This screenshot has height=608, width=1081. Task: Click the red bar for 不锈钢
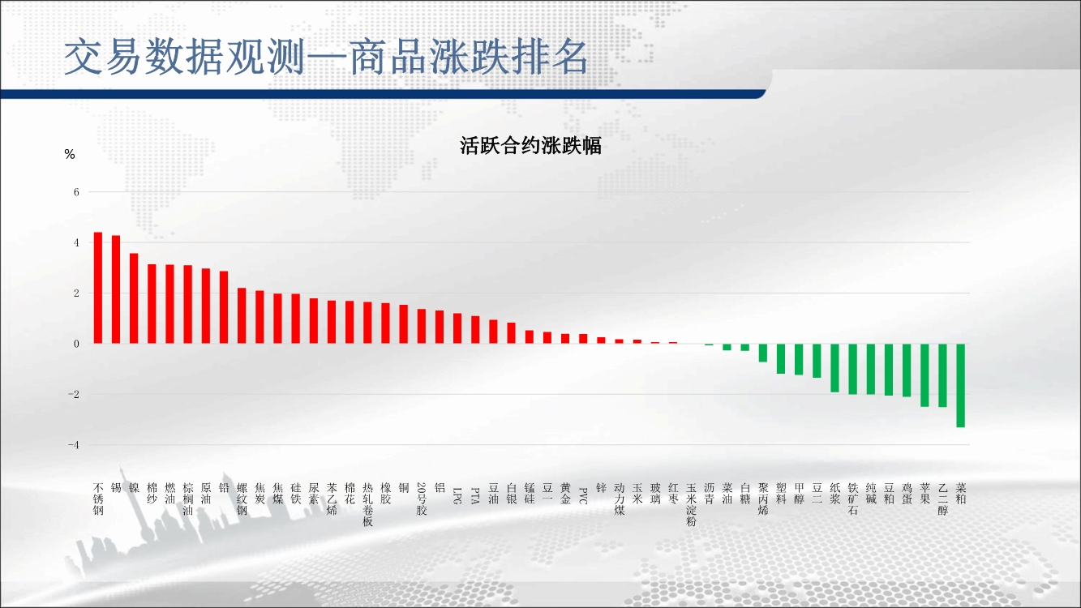click(x=98, y=288)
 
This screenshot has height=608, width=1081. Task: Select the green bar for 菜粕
click(x=961, y=386)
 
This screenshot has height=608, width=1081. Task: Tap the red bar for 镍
click(x=134, y=298)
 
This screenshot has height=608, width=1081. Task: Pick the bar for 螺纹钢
click(x=242, y=315)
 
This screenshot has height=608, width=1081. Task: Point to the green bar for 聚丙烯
click(x=763, y=353)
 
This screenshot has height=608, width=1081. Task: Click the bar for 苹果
click(x=924, y=375)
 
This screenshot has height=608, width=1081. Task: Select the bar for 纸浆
click(x=835, y=368)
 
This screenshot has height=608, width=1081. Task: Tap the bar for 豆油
click(x=493, y=332)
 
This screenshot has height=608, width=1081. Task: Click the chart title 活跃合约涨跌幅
click(x=530, y=146)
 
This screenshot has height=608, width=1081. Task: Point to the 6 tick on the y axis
click(x=76, y=192)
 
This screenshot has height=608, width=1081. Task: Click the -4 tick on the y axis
click(x=73, y=445)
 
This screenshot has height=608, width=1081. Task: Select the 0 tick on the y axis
click(x=76, y=344)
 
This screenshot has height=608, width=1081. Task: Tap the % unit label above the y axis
click(x=70, y=154)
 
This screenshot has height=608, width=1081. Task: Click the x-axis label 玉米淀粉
click(x=691, y=504)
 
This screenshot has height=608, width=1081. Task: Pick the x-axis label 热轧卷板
click(x=367, y=504)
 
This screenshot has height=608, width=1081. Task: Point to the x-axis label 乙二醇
click(x=943, y=499)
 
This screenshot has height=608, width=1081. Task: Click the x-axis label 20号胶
click(x=422, y=499)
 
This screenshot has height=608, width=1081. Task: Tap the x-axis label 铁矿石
click(x=853, y=499)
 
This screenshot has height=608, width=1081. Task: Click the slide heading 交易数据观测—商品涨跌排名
click(x=326, y=57)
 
